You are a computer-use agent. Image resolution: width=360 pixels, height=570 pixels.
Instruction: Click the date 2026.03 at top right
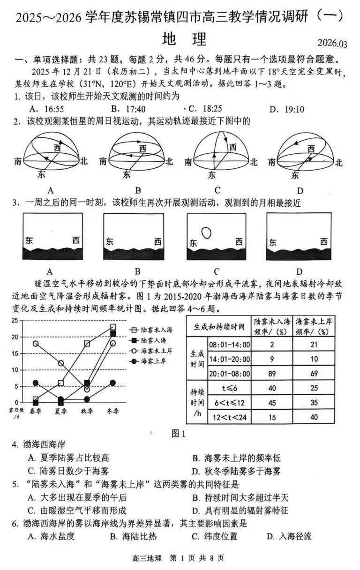[332, 44]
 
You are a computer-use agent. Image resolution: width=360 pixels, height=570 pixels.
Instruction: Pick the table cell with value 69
[314, 373]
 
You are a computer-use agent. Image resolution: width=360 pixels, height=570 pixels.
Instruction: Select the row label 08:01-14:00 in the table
[229, 345]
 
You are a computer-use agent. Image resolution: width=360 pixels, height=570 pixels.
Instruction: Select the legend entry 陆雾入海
[148, 340]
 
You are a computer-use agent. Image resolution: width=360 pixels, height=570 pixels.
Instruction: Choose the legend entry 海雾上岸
[148, 361]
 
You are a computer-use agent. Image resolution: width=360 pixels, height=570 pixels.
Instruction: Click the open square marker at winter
[113, 327]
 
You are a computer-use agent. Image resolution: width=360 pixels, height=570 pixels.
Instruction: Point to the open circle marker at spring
[35, 343]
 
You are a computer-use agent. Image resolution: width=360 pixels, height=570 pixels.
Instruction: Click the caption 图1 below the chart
[180, 434]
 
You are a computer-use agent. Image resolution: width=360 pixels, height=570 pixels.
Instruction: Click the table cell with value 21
[314, 345]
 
